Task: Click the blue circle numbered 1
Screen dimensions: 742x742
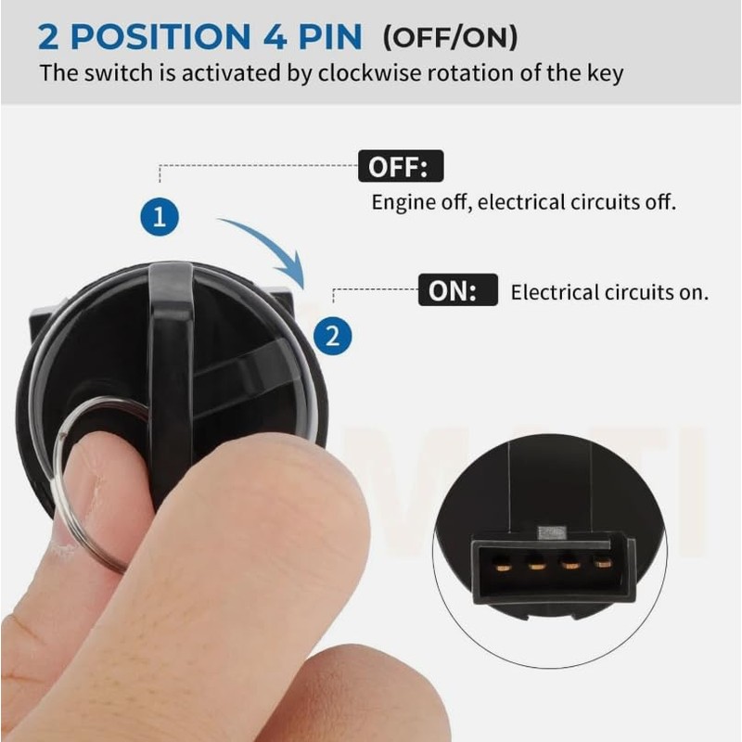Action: point(160,217)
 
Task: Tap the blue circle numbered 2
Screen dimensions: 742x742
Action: point(333,335)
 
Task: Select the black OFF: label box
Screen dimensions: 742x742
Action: point(401,168)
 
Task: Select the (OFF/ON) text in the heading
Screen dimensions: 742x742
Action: point(451,39)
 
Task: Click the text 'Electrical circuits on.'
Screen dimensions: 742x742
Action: point(609,293)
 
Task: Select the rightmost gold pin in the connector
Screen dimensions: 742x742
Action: point(602,562)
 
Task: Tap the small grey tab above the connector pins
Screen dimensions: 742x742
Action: point(552,532)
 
